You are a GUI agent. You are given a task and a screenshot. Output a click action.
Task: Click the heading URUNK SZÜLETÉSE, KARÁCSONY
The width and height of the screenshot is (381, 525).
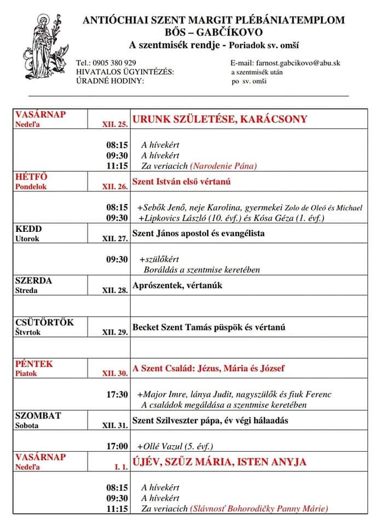click(220, 119)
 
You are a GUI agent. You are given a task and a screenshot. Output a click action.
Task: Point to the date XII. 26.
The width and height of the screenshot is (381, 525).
click(115, 186)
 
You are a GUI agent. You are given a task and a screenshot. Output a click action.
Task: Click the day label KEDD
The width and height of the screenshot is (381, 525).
click(28, 229)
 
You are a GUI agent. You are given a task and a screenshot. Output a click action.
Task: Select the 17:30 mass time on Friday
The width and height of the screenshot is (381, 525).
click(117, 394)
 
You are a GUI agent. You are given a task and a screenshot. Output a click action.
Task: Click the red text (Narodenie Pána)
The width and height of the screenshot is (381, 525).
click(223, 166)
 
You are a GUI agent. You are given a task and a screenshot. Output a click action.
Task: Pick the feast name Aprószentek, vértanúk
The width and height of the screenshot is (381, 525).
click(178, 285)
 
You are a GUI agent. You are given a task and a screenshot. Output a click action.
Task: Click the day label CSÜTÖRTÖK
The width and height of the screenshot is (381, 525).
click(44, 323)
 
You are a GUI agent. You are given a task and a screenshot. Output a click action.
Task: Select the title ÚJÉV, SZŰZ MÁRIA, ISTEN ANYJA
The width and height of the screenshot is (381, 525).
click(220, 462)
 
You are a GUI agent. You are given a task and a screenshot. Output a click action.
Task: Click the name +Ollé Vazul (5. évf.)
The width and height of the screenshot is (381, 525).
click(175, 446)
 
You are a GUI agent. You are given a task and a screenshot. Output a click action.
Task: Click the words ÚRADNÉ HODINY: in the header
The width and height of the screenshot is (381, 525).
click(110, 80)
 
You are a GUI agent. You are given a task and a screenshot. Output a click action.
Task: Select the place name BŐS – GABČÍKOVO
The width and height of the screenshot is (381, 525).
click(213, 32)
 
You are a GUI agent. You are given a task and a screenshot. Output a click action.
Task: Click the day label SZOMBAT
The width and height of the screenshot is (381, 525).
click(38, 416)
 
